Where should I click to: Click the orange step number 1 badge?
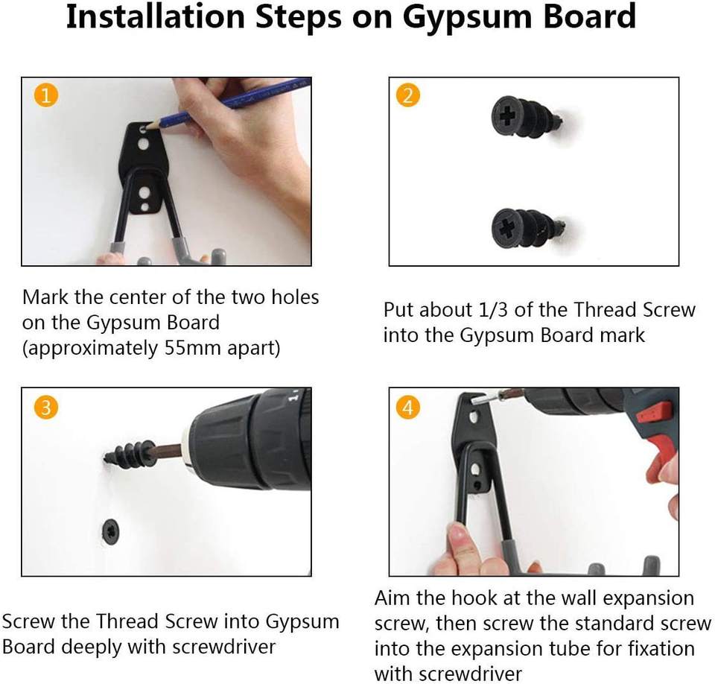point(46,96)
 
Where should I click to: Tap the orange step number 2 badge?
point(408,96)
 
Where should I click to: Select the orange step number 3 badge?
point(46,407)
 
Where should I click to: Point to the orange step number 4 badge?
point(408,407)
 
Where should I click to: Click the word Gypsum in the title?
point(468,17)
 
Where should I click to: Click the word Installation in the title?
point(156,16)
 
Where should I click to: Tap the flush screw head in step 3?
point(111,531)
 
